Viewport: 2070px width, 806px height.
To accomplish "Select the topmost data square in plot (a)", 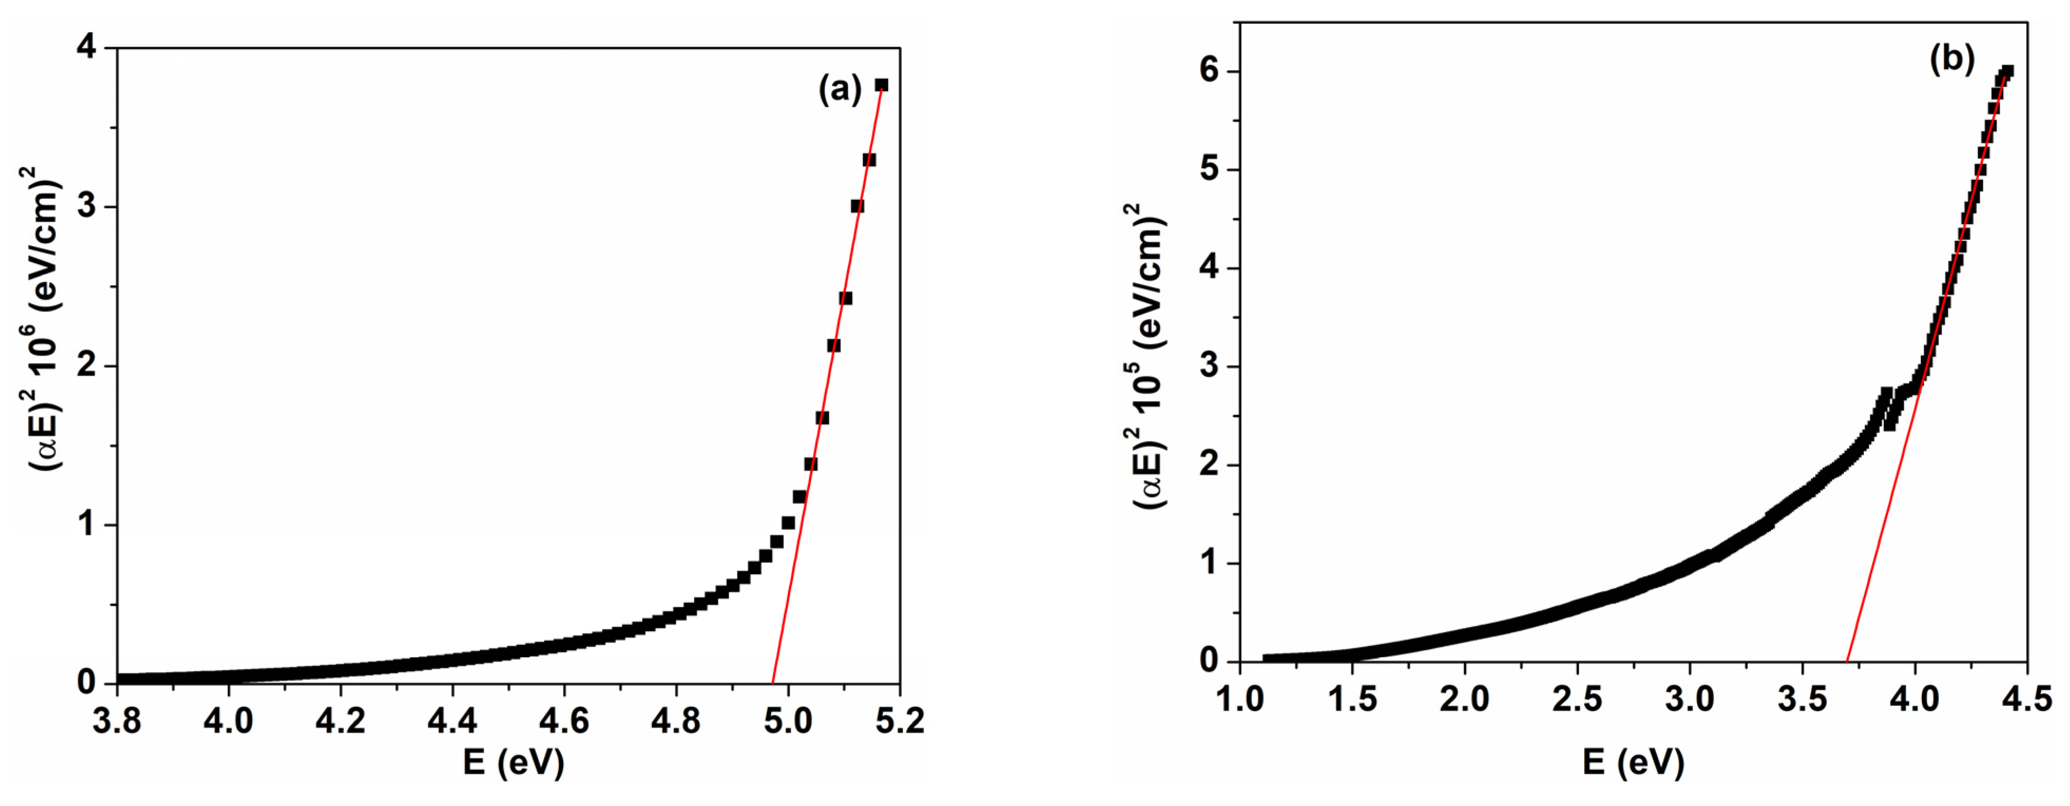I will click(881, 85).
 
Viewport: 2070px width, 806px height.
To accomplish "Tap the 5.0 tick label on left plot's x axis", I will click(787, 721).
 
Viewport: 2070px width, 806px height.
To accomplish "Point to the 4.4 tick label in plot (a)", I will click(451, 721).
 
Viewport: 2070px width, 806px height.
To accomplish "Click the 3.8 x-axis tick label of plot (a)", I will click(117, 721).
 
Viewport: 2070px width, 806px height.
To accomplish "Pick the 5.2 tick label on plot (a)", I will click(899, 721).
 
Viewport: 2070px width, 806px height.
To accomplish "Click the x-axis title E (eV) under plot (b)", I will click(1633, 762).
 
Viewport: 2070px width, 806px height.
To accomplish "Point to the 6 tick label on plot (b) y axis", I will click(1209, 71).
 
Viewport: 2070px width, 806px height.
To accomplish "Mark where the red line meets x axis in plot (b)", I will click(1847, 662).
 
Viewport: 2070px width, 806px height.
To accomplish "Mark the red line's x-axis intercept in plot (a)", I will click(772, 682).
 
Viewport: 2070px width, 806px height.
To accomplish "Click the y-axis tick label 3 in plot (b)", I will click(1209, 366).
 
